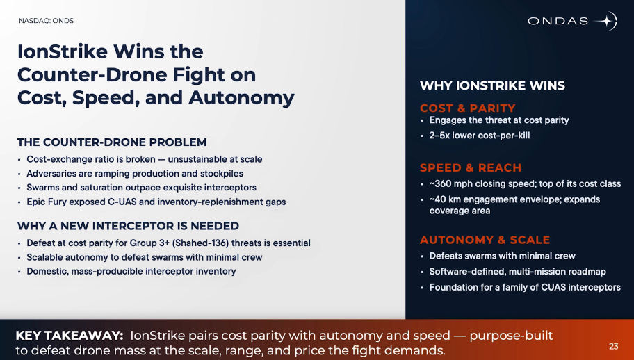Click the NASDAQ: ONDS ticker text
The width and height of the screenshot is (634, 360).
pos(46,21)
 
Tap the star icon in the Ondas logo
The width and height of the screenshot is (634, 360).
pos(607,21)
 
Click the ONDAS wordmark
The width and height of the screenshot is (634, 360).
pos(558,21)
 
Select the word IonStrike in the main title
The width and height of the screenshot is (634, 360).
pos(63,51)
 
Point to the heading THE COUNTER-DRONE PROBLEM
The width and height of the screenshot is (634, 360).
pos(112,142)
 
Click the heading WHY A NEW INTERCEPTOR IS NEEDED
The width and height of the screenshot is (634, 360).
pos(128,226)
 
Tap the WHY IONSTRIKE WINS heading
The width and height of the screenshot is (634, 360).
pos(492,85)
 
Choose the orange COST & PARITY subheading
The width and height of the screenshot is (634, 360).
pos(467,108)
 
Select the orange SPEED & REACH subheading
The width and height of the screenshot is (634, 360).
pos(471,167)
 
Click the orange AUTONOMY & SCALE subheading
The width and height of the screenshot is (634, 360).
pos(485,240)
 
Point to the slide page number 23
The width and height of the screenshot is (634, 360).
pos(613,346)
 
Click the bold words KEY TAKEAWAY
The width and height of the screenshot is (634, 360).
pos(69,336)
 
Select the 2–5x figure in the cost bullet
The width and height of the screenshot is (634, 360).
pos(439,136)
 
